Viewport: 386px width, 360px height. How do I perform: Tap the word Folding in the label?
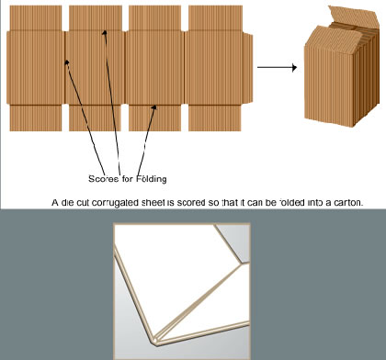(x=152, y=178)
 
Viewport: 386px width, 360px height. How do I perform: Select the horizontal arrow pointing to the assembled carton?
(x=277, y=67)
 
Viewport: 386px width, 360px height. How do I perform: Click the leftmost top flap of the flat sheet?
(x=36, y=18)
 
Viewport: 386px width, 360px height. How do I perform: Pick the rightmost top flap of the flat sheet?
(x=215, y=18)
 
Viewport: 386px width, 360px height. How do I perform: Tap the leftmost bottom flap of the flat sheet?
(x=36, y=118)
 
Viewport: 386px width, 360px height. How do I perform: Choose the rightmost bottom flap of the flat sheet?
(x=215, y=118)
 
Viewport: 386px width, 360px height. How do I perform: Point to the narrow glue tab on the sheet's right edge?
(x=248, y=68)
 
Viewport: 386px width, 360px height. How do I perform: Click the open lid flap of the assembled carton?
(x=352, y=17)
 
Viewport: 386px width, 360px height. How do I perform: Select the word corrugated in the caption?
(x=117, y=203)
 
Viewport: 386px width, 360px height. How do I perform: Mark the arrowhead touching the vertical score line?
(x=66, y=62)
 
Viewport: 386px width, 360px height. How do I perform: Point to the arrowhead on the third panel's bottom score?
(x=153, y=107)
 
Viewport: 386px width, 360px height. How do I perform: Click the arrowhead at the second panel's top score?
(x=105, y=33)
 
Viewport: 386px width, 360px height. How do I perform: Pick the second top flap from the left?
(x=96, y=18)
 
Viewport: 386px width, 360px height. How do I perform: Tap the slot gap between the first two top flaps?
(x=65, y=18)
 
